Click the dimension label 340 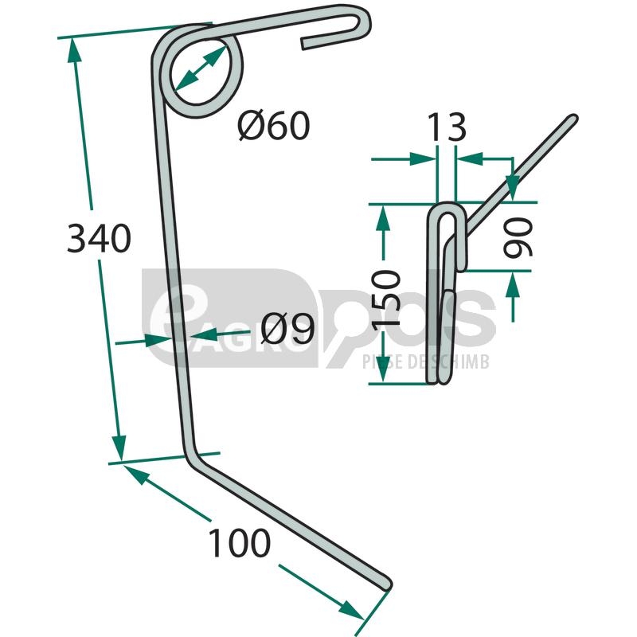point(99,238)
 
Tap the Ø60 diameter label point(274,126)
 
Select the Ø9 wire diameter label point(287,328)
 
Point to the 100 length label point(239,543)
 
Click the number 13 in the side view point(447,127)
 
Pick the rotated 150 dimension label point(386,299)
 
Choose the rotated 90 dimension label point(517,237)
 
